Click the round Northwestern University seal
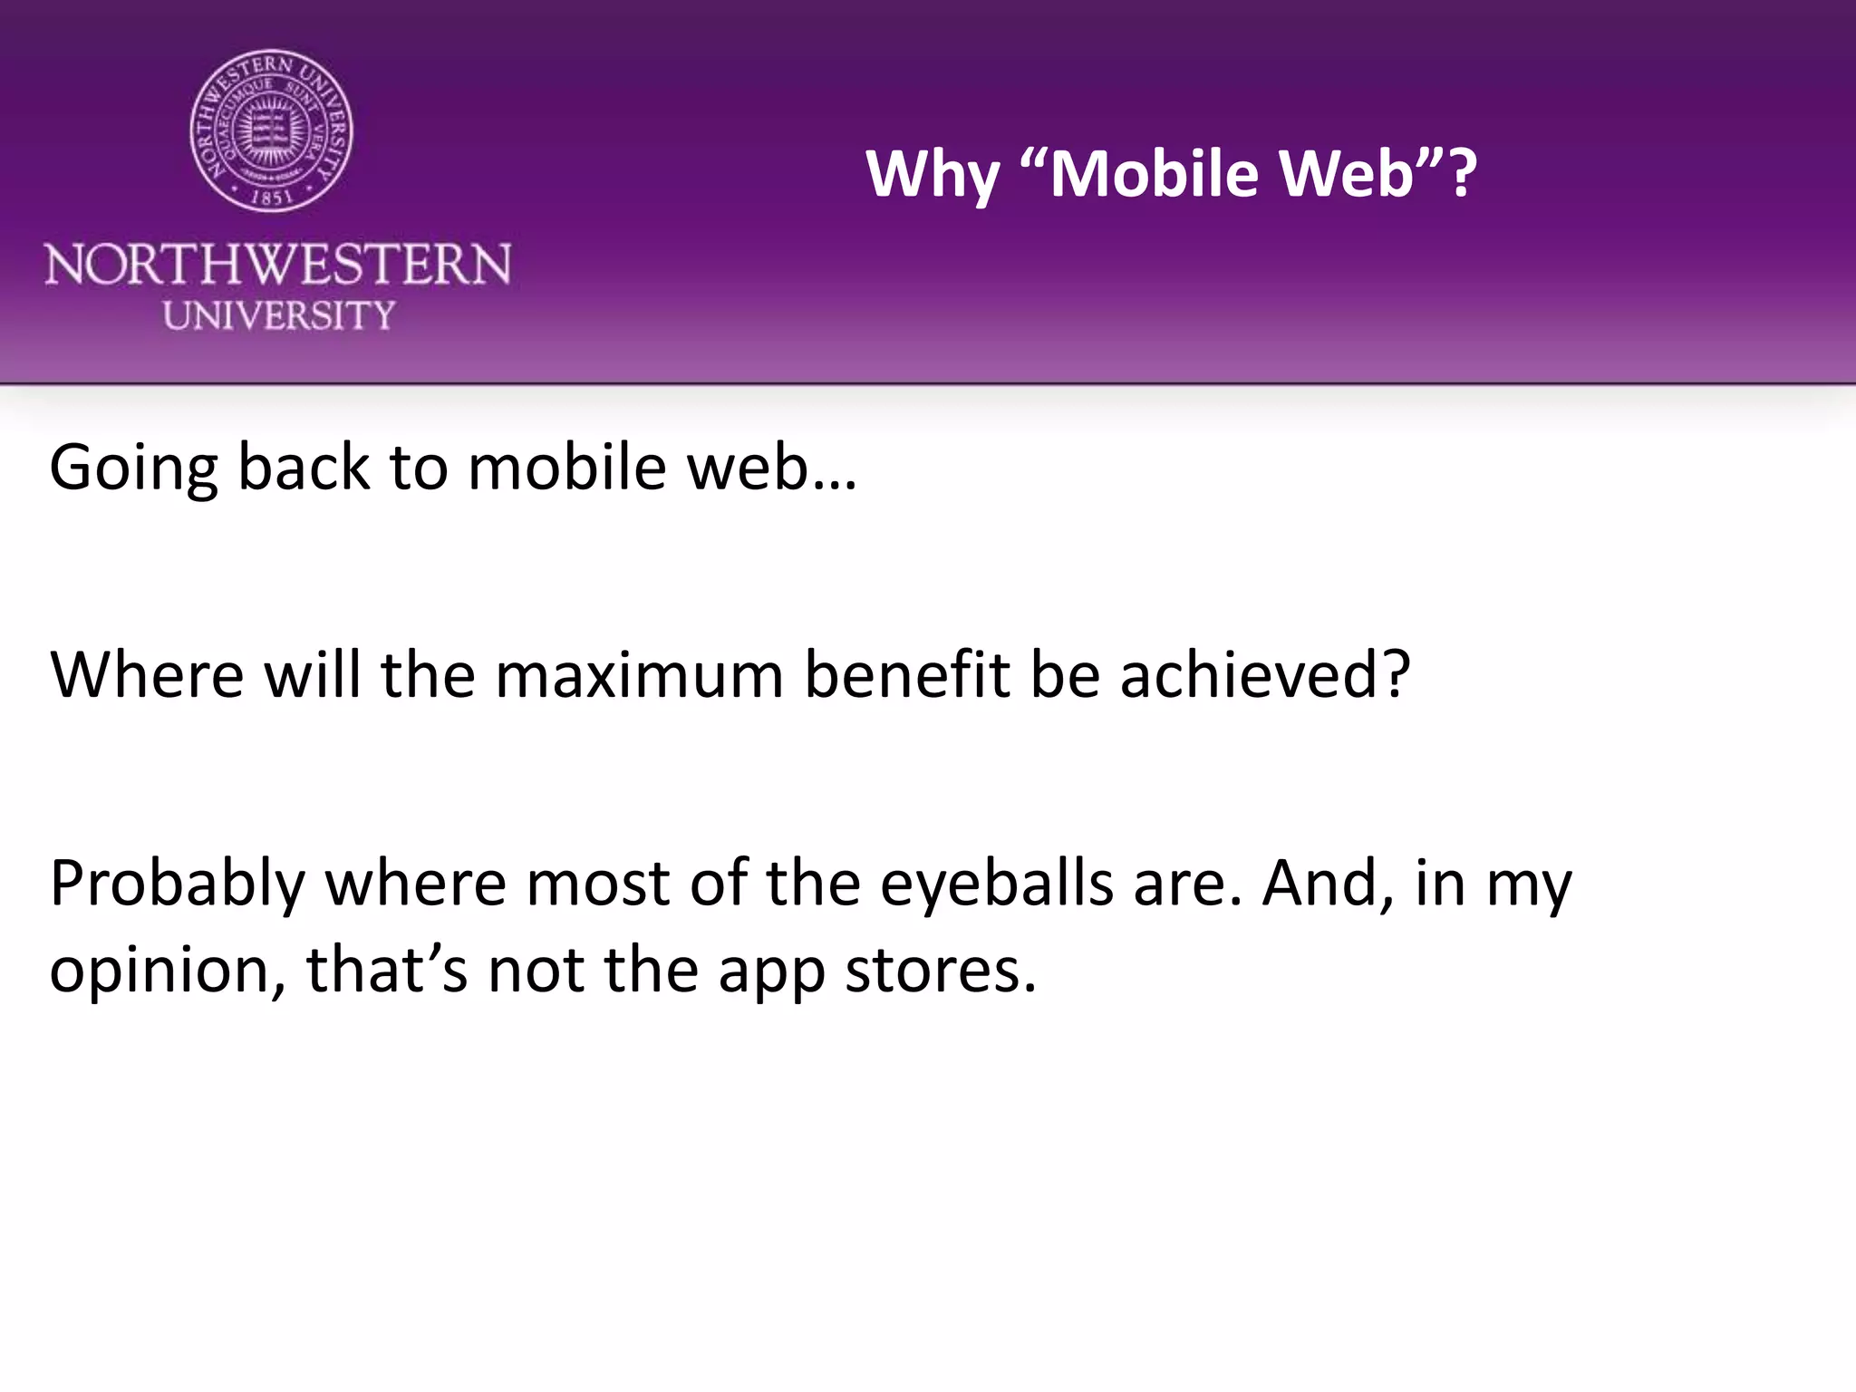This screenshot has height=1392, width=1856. [272, 131]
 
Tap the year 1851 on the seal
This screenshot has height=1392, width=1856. [272, 195]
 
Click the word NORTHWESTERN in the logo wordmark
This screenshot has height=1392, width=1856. [278, 265]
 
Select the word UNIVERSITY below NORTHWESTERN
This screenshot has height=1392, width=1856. [279, 315]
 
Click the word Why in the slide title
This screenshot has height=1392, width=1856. [932, 174]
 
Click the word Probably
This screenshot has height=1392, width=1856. [177, 884]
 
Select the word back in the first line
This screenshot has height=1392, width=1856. [304, 468]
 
